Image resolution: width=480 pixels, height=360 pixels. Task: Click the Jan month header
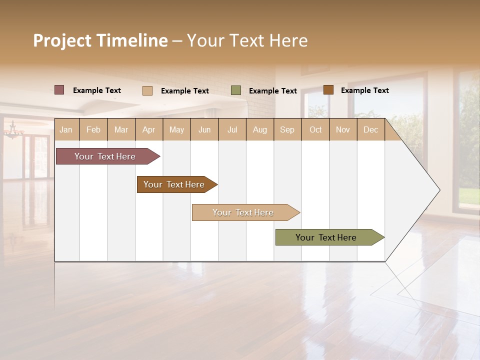[x=66, y=130]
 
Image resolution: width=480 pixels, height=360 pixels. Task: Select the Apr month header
[x=149, y=130]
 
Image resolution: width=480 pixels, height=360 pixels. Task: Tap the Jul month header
[x=232, y=130]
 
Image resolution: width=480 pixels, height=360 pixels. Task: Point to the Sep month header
[x=287, y=130]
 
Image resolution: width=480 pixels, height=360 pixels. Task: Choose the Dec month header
[x=370, y=130]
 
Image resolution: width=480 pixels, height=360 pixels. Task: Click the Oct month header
[x=315, y=130]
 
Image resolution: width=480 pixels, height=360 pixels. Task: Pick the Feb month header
[x=93, y=130]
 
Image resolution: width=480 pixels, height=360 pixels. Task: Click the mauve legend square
[x=59, y=90]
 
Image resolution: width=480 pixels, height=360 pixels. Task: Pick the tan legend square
[x=147, y=90]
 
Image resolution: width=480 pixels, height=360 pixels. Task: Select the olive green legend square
[x=236, y=90]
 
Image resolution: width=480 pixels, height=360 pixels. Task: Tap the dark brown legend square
[x=328, y=90]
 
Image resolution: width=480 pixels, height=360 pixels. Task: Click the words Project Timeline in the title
[x=100, y=40]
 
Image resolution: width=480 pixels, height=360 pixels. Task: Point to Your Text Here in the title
[x=247, y=40]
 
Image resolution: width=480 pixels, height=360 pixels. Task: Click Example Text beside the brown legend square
[x=364, y=90]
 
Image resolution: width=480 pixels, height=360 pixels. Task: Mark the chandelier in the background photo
[x=13, y=131]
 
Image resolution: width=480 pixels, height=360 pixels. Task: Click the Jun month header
[x=204, y=130]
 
